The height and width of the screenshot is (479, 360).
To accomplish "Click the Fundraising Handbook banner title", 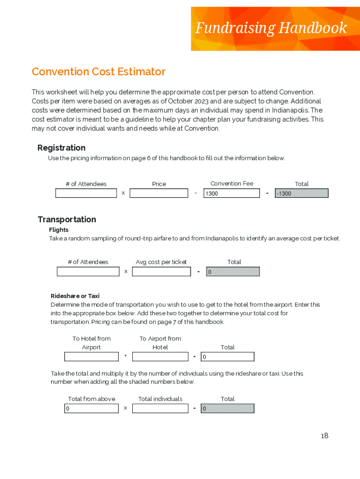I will [x=271, y=29].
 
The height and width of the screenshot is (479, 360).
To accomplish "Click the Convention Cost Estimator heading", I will [x=99, y=72].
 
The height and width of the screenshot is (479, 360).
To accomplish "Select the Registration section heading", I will [x=61, y=148].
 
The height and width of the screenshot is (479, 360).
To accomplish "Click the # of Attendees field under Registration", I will [x=86, y=193].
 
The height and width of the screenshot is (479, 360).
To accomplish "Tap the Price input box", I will [x=158, y=193].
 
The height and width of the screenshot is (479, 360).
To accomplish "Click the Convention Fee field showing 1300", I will [x=231, y=193].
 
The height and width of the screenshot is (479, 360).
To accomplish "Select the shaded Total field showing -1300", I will [x=302, y=193].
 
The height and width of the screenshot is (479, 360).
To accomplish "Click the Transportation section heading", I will [x=67, y=219].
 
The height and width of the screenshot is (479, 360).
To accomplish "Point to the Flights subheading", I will [x=59, y=230].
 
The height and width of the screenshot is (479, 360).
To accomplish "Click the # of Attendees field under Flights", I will [x=88, y=271].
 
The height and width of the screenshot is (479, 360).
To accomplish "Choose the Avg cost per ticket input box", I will [x=161, y=271].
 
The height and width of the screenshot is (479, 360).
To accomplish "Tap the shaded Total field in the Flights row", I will [x=232, y=271].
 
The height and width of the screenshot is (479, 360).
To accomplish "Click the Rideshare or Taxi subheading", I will [x=75, y=296].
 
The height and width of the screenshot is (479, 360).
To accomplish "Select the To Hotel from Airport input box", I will [x=91, y=357].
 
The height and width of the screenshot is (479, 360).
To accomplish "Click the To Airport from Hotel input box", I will [x=160, y=357].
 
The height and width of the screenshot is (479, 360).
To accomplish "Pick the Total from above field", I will [x=91, y=408].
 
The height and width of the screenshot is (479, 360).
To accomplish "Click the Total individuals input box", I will [x=160, y=408].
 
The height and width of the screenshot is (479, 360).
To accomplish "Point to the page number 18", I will [x=324, y=436].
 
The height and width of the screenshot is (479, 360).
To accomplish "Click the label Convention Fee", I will [x=231, y=183].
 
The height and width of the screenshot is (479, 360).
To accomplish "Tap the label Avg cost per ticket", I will [x=161, y=262].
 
